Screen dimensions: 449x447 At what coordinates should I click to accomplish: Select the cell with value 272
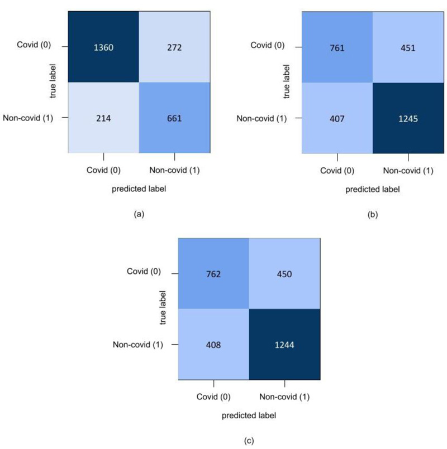(174, 47)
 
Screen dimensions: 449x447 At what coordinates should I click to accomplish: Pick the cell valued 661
(174, 117)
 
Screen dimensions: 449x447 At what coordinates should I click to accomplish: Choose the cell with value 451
(407, 47)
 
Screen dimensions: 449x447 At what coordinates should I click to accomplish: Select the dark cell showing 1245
(407, 118)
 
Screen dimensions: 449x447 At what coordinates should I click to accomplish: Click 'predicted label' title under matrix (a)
(139, 189)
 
